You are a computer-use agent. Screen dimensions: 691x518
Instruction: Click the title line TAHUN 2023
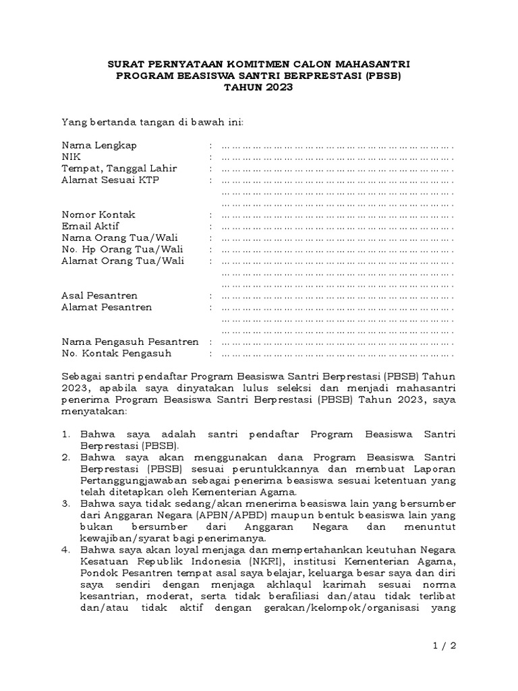coord(258,88)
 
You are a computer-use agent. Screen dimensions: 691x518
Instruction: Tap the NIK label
coord(71,157)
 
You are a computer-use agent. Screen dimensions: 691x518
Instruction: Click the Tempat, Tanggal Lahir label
coord(119,168)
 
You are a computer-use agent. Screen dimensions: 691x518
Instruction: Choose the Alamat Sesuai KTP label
coord(111,180)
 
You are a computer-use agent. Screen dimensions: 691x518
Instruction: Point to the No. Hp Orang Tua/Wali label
coord(123,249)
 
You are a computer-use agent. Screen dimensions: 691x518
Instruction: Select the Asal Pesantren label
coord(100,296)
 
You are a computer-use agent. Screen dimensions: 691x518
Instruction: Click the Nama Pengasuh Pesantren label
coord(130,341)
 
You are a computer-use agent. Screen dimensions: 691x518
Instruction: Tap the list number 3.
coord(65,503)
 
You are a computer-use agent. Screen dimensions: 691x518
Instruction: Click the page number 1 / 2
coord(444,646)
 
